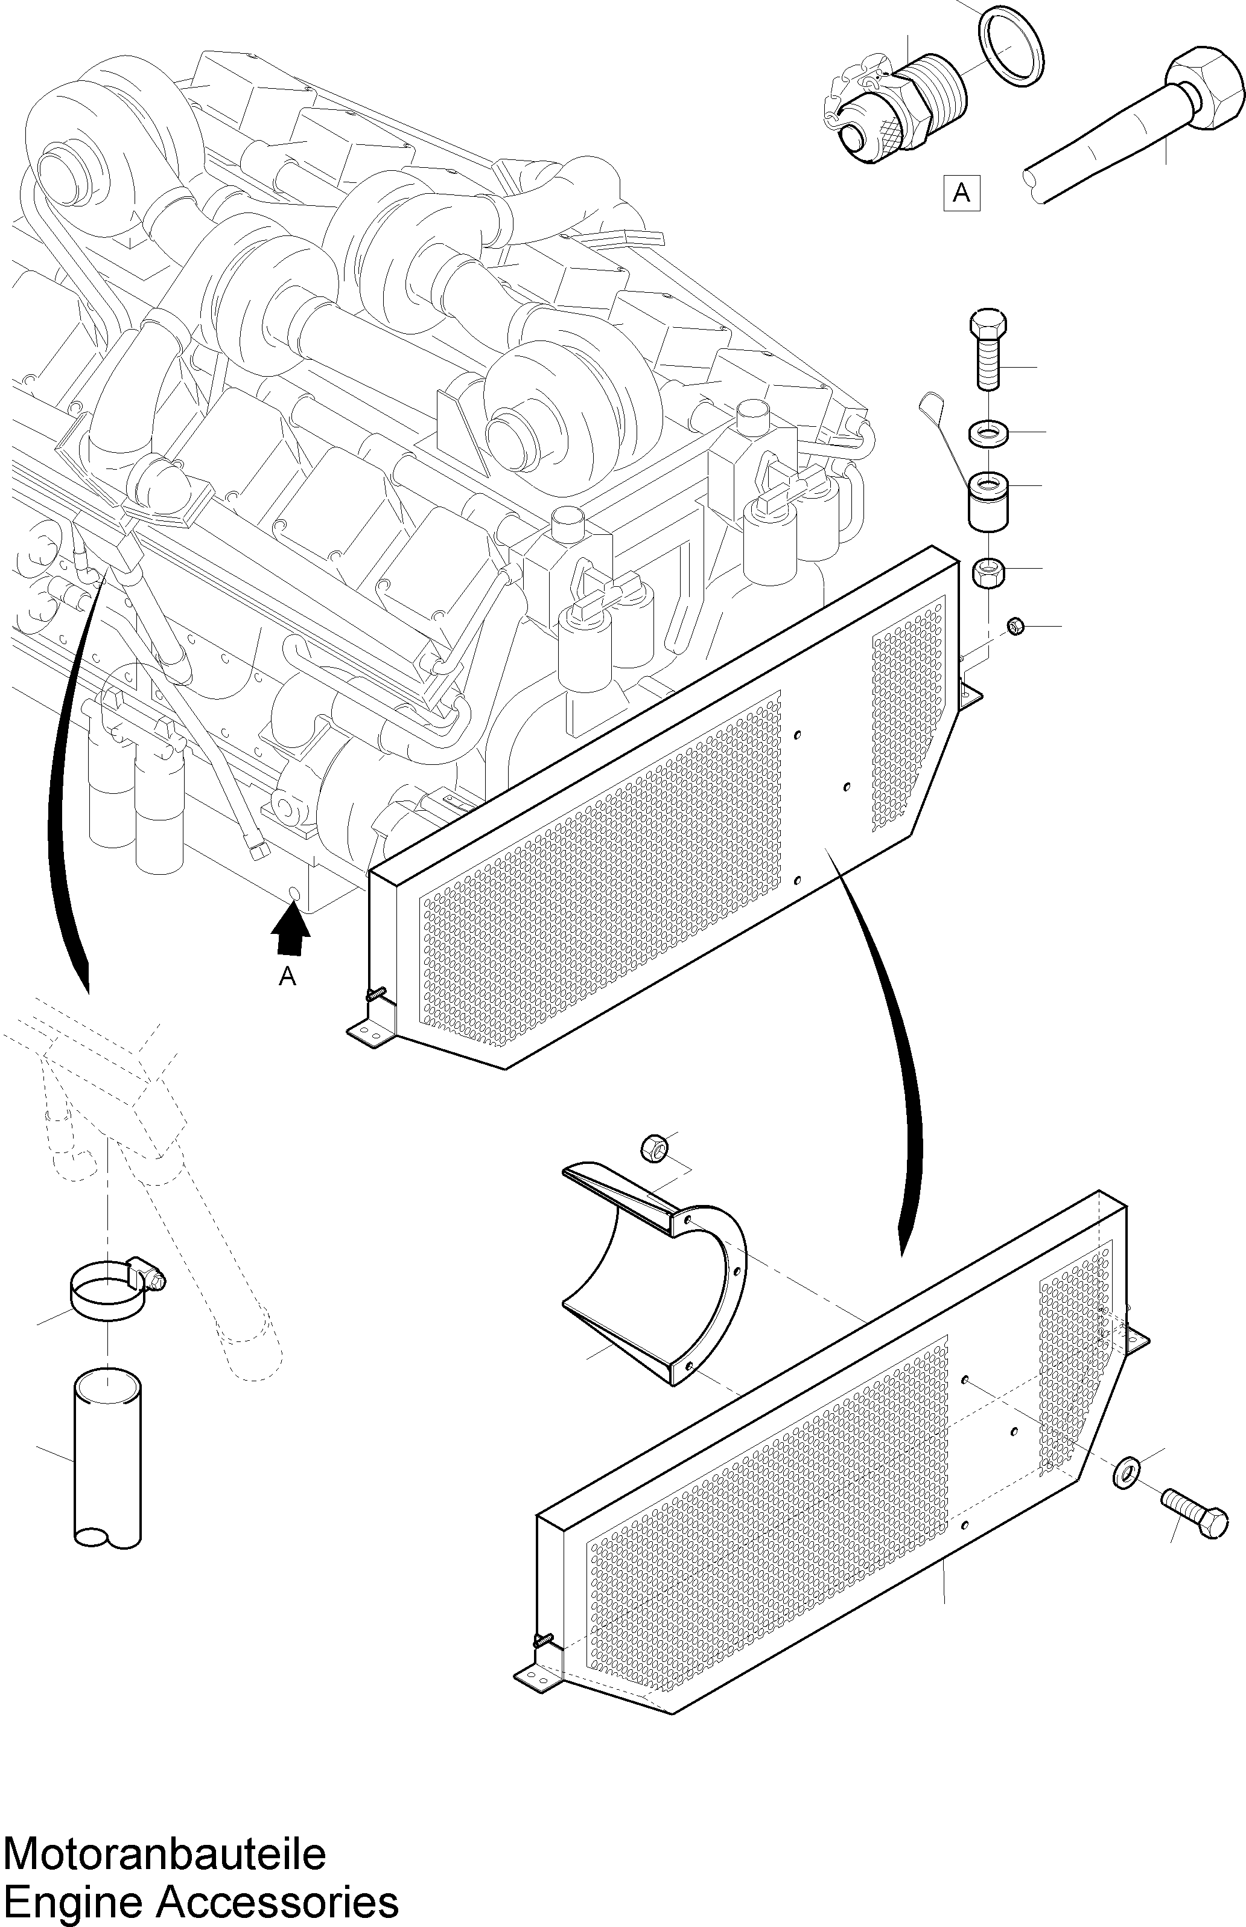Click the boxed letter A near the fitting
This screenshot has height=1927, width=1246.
[x=961, y=192]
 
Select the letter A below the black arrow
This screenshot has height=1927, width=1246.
[x=287, y=977]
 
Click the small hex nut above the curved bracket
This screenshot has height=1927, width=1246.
[x=653, y=1148]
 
